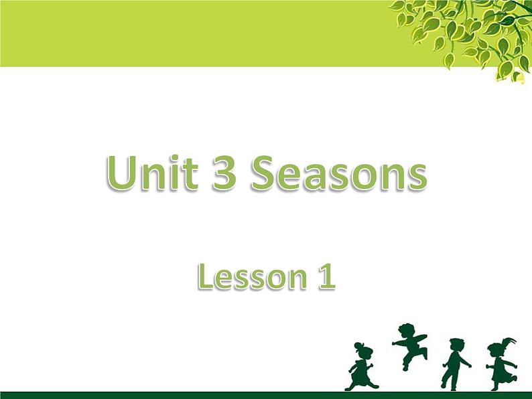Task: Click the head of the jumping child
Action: (406, 330)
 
